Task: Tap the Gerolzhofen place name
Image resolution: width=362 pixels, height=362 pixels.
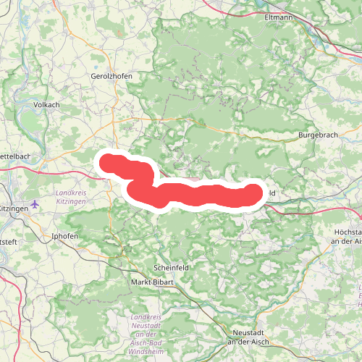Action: [110, 76]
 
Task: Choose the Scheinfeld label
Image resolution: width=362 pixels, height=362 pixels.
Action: [172, 267]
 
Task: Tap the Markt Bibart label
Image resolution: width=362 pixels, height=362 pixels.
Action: [151, 282]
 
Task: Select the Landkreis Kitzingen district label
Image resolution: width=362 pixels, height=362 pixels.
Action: [71, 196]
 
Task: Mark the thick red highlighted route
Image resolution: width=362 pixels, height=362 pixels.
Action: [188, 193]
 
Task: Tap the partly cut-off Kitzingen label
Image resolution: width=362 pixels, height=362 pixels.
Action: [14, 208]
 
